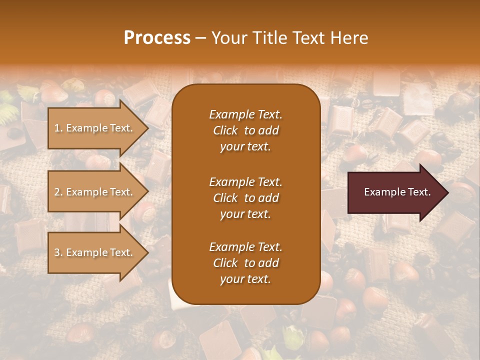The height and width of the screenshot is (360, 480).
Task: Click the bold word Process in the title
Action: [x=157, y=38]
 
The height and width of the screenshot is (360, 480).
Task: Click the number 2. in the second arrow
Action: [x=58, y=192]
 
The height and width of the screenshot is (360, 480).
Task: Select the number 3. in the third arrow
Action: [x=58, y=252]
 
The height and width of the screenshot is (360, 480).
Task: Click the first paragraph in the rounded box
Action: [x=245, y=130]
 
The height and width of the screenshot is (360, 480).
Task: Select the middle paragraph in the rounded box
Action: [x=245, y=198]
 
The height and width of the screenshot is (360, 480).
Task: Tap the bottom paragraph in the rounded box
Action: [x=245, y=263]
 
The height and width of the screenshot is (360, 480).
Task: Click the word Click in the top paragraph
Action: [x=225, y=130]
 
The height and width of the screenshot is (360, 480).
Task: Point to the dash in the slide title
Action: [x=200, y=38]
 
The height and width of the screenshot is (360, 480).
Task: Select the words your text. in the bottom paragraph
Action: [x=245, y=279]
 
